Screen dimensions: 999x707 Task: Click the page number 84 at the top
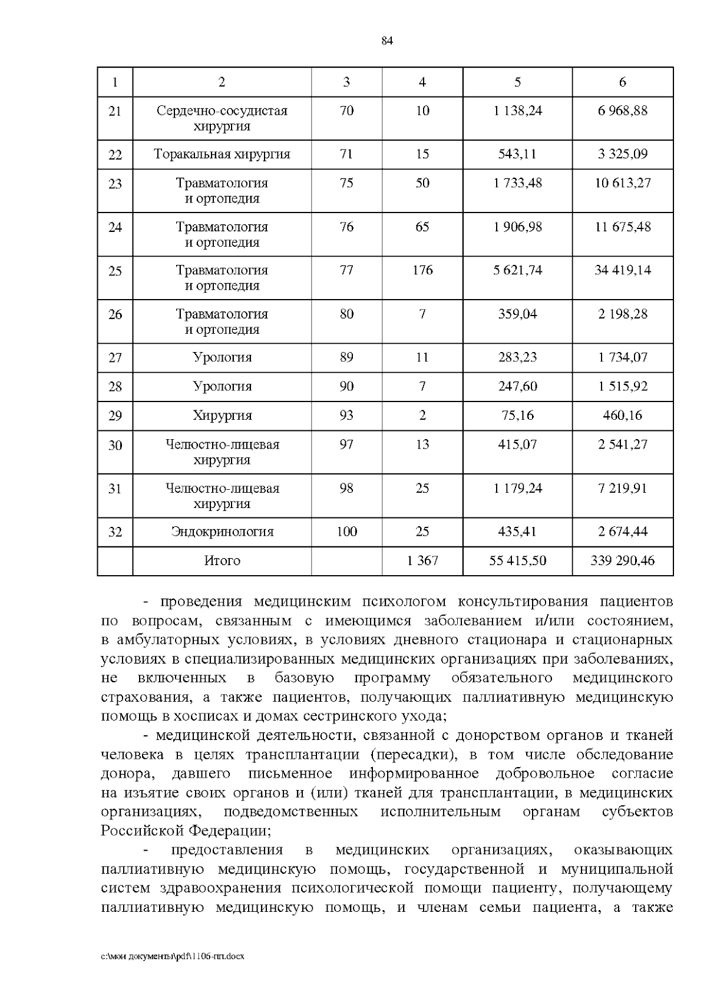[387, 41]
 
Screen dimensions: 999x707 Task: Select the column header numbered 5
[517, 82]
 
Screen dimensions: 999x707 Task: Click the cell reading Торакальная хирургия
[222, 154]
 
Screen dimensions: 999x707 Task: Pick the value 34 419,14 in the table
[623, 270]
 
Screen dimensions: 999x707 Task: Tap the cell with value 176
[422, 270]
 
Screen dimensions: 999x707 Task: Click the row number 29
[115, 416]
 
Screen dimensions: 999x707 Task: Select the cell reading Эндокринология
[222, 532]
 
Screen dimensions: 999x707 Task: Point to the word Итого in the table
[222, 560]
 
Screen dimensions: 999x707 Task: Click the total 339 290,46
[623, 560]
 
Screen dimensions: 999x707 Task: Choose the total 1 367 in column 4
[422, 560]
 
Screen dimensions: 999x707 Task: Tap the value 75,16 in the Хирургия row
[517, 416]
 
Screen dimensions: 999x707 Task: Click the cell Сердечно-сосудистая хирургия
[222, 118]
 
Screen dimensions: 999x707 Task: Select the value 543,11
[517, 154]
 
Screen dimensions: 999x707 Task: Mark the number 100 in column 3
[346, 532]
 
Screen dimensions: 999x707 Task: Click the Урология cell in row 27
[222, 357]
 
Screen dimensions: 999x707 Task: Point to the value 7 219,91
[623, 488]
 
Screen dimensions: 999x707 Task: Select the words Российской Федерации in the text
[184, 831]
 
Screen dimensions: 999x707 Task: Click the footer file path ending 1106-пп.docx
[173, 957]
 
